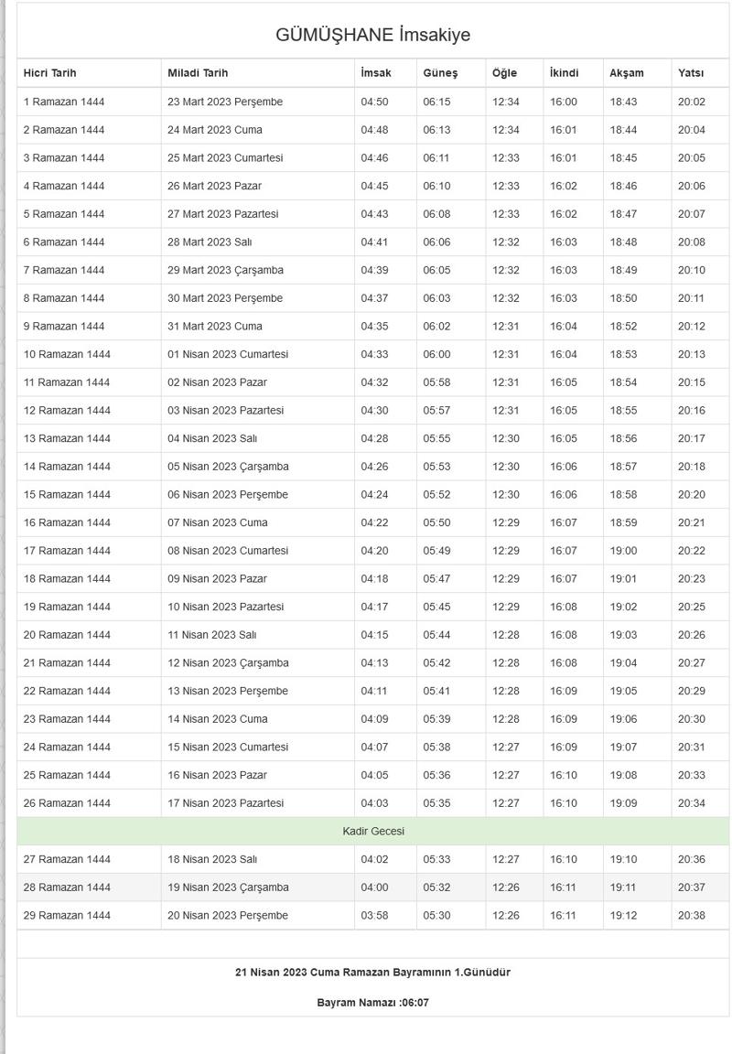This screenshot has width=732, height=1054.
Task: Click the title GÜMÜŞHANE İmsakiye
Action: click(372, 36)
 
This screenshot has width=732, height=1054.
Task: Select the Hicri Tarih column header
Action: click(50, 73)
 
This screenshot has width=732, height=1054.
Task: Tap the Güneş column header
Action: click(440, 73)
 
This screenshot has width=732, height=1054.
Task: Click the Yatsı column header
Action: click(691, 73)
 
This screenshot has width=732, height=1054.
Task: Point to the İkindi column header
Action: click(564, 73)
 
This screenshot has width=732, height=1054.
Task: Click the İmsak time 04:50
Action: click(374, 102)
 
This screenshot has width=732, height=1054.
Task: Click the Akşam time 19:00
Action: click(623, 551)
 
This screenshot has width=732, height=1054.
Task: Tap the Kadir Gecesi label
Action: click(373, 832)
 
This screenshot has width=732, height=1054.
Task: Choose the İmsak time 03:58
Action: click(374, 916)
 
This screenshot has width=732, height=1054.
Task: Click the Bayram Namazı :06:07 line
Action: click(373, 1003)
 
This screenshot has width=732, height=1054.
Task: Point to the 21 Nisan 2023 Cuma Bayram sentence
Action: click(373, 973)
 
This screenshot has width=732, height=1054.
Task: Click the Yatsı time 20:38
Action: click(692, 916)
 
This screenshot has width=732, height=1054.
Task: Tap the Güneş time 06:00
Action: click(436, 354)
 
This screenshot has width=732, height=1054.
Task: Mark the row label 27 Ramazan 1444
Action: click(67, 859)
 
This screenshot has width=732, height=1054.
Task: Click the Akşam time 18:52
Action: click(623, 326)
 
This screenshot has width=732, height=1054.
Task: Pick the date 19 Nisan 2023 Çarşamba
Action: click(228, 887)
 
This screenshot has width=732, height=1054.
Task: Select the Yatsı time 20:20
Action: click(692, 495)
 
